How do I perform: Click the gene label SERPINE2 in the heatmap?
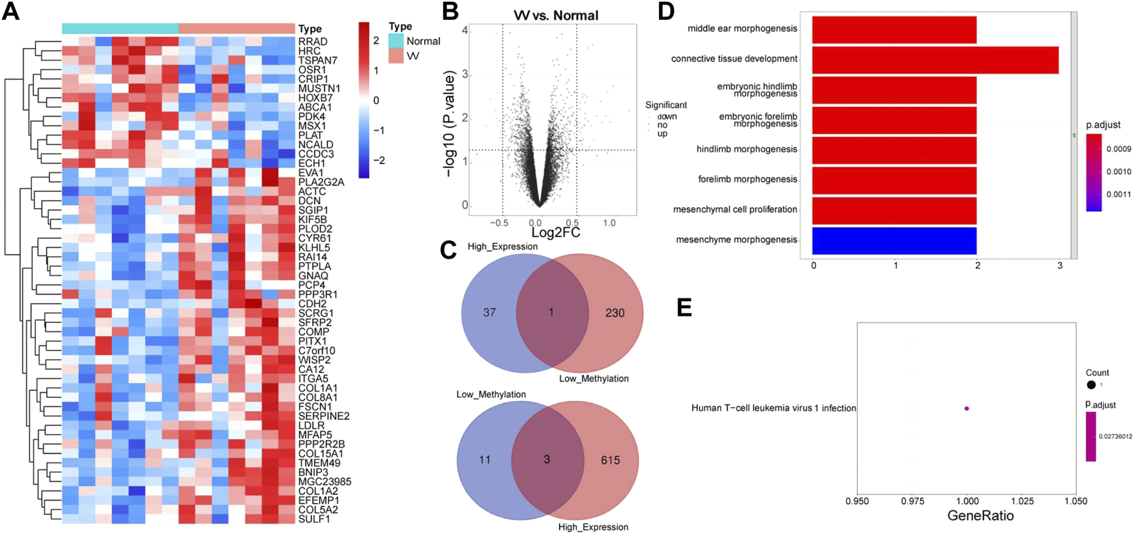point(323,416)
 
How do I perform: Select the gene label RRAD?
point(312,42)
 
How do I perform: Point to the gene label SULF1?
point(314,519)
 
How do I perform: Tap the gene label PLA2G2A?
point(321,182)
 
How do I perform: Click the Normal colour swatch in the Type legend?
point(396,41)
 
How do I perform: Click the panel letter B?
point(450,12)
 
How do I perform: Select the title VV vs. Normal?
point(556,15)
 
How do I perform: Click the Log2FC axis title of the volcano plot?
point(556,232)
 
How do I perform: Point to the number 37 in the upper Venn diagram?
point(490,313)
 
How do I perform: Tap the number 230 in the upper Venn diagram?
point(615,313)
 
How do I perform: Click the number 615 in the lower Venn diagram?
point(610,460)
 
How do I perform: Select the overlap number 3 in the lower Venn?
point(547,460)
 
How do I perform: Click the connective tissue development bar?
point(935,59)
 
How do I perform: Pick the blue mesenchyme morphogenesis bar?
point(894,240)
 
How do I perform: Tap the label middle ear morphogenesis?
point(742,29)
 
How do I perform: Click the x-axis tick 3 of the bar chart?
point(1059,266)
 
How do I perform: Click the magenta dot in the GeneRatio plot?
point(966,408)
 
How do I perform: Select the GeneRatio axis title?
point(980,516)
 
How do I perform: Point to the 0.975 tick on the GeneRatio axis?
point(912,501)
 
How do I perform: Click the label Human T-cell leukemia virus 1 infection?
point(773,408)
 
